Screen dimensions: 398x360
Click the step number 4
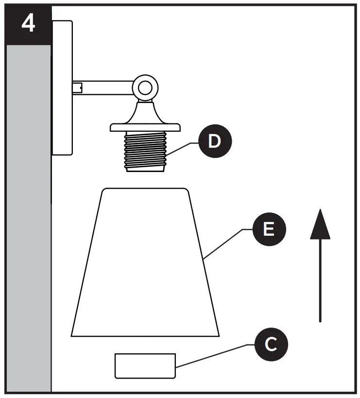pyautogui.click(x=29, y=24)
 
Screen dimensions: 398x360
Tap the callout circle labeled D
pyautogui.click(x=214, y=142)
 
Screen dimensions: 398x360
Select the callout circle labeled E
pyautogui.click(x=269, y=229)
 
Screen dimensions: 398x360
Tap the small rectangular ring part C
pyautogui.click(x=145, y=366)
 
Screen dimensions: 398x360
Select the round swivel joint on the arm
pyautogui.click(x=144, y=88)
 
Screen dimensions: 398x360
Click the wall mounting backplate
pyautogui.click(x=62, y=87)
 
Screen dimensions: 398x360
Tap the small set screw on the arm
pyautogui.click(x=77, y=88)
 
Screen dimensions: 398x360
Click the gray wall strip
pyautogui.click(x=28, y=219)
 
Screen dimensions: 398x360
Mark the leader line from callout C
pyautogui.click(x=214, y=355)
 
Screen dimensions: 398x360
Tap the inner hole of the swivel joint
pyautogui.click(x=144, y=88)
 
